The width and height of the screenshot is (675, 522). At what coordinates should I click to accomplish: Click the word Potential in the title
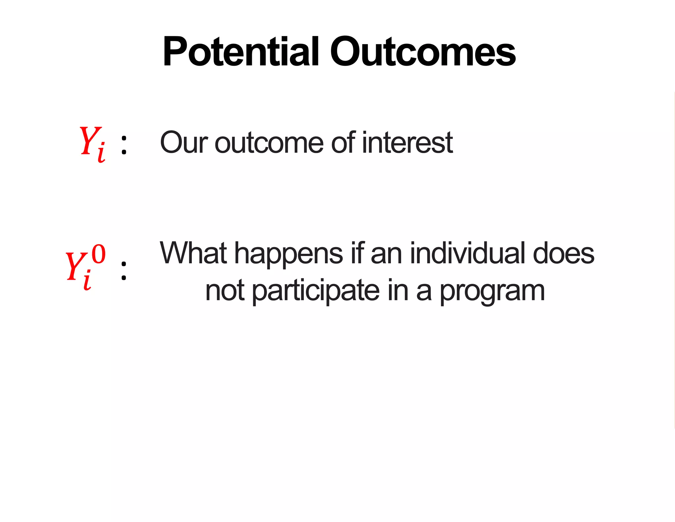tap(241, 52)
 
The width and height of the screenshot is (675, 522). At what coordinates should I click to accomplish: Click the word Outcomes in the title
tap(423, 52)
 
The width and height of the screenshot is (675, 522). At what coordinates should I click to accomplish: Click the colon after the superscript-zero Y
tap(124, 271)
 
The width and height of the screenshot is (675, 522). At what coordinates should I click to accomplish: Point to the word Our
tap(184, 143)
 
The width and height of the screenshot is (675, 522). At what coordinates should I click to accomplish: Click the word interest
tap(407, 143)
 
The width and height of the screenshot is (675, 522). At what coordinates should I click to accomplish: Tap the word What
tap(193, 253)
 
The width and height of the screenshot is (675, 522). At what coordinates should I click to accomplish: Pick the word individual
tap(467, 253)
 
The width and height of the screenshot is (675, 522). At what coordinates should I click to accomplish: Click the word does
tap(564, 253)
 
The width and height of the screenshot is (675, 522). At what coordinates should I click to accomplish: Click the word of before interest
tap(343, 142)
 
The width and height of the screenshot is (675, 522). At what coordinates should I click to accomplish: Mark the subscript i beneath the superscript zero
tap(87, 280)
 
